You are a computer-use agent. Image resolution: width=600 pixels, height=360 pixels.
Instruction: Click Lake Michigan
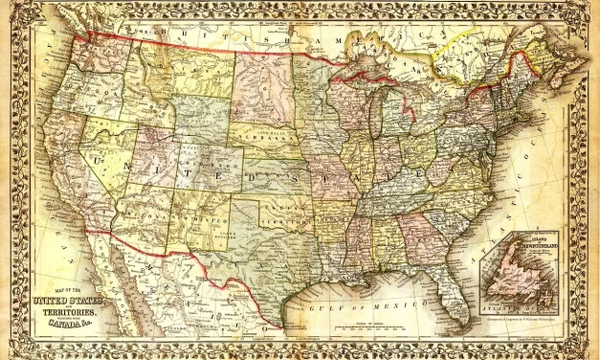[x=378, y=119]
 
